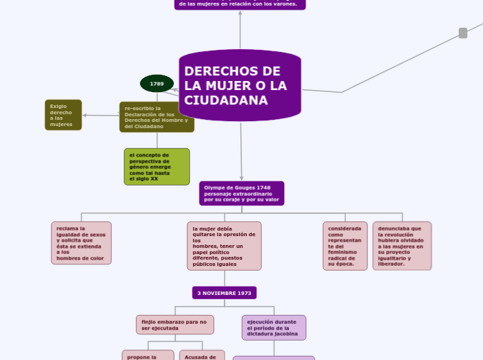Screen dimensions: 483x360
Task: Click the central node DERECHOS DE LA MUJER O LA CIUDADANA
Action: (x=240, y=85)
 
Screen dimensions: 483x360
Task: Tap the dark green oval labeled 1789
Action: (x=157, y=84)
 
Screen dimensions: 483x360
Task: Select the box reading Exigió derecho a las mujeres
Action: (x=63, y=115)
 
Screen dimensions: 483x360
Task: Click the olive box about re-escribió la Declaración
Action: (x=157, y=117)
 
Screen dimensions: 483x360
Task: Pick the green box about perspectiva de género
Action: (x=157, y=167)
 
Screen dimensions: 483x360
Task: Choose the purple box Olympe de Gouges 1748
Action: (x=241, y=193)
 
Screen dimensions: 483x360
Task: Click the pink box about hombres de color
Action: (x=81, y=243)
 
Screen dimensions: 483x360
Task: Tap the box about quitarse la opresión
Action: (x=224, y=246)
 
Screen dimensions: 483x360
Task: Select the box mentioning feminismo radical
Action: (x=345, y=246)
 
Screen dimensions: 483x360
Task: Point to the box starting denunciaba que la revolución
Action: (x=402, y=246)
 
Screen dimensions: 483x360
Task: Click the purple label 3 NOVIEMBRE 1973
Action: (x=224, y=293)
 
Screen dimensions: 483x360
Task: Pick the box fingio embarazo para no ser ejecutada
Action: (x=175, y=325)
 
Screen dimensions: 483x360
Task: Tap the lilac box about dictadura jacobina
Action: (x=274, y=327)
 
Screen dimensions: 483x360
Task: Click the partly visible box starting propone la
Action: (x=148, y=355)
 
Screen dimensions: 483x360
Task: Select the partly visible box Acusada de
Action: (x=202, y=355)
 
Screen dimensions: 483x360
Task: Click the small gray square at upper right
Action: (x=463, y=33)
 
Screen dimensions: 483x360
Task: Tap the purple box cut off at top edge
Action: (x=240, y=4)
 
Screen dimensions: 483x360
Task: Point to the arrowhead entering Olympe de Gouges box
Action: (x=241, y=178)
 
